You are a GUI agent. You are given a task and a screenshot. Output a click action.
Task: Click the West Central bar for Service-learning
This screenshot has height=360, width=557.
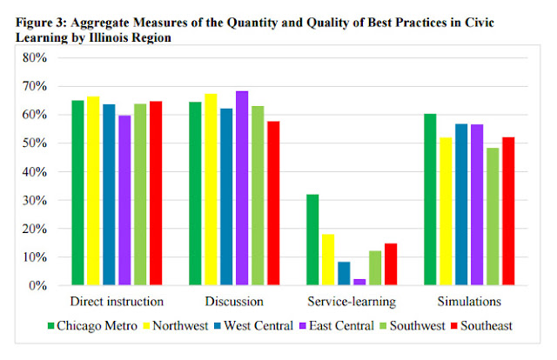pyautogui.click(x=343, y=274)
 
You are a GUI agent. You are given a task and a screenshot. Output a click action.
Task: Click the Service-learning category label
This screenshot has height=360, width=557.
pyautogui.click(x=351, y=302)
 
